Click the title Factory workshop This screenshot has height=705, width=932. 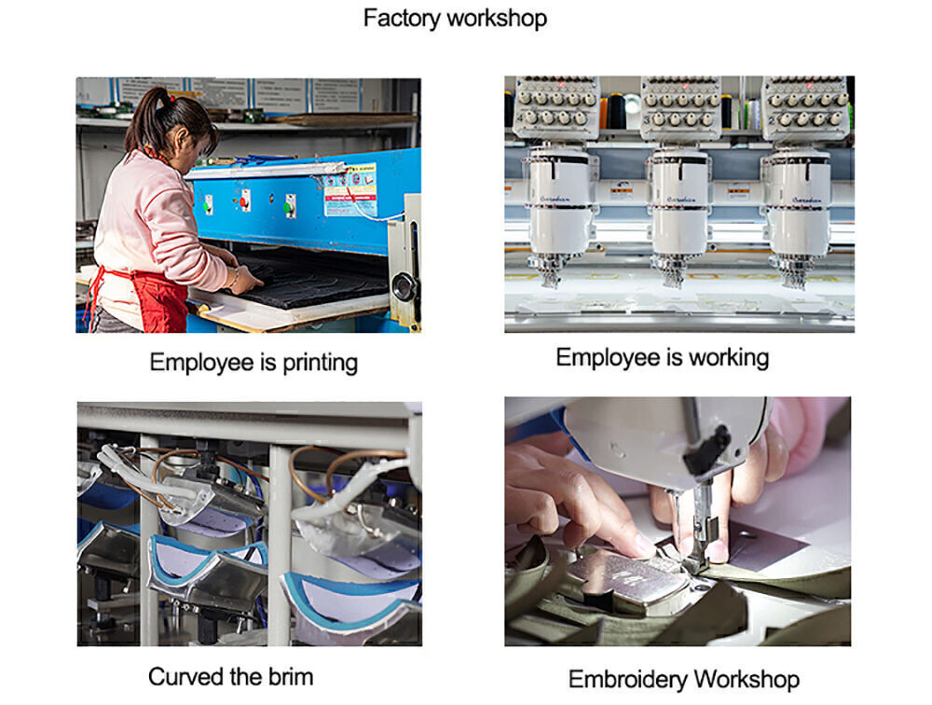point(455,19)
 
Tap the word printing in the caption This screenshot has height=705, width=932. point(320,363)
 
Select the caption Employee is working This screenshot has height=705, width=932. point(662,357)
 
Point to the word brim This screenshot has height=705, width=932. point(291,677)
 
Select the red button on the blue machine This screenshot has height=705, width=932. point(243,201)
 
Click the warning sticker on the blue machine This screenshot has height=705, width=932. point(350,189)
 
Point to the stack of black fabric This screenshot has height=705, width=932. point(309,279)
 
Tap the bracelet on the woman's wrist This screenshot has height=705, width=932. point(236,276)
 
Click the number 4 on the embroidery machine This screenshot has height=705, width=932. point(519,117)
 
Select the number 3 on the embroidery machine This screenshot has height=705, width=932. point(647,120)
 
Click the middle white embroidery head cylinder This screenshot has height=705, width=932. point(679,202)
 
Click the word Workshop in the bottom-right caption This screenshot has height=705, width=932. point(746,680)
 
